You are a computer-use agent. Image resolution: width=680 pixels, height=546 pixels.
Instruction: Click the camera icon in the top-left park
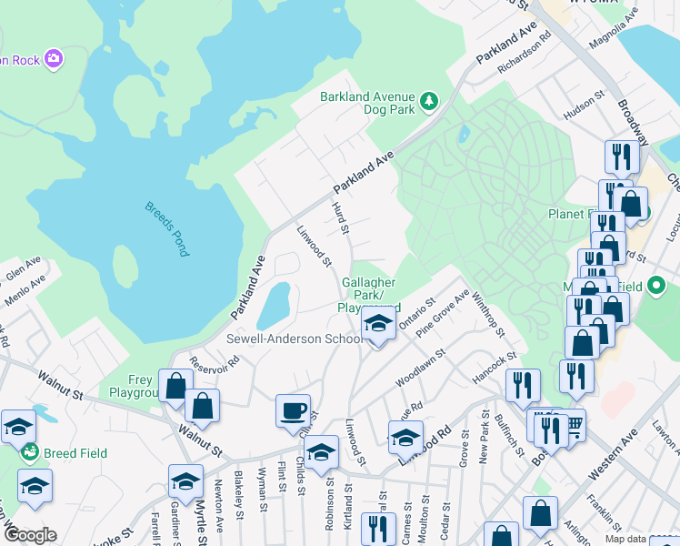[x=55, y=59]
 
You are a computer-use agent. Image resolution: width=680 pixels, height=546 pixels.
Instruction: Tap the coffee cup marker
[x=293, y=410]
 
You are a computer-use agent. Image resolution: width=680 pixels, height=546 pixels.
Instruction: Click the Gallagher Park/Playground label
[x=371, y=295]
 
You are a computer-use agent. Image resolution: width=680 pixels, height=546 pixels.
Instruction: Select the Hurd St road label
[x=342, y=218]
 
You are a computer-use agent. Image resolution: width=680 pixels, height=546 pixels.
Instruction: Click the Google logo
[x=29, y=535]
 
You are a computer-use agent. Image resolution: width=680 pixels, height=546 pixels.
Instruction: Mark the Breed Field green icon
[x=30, y=452]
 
